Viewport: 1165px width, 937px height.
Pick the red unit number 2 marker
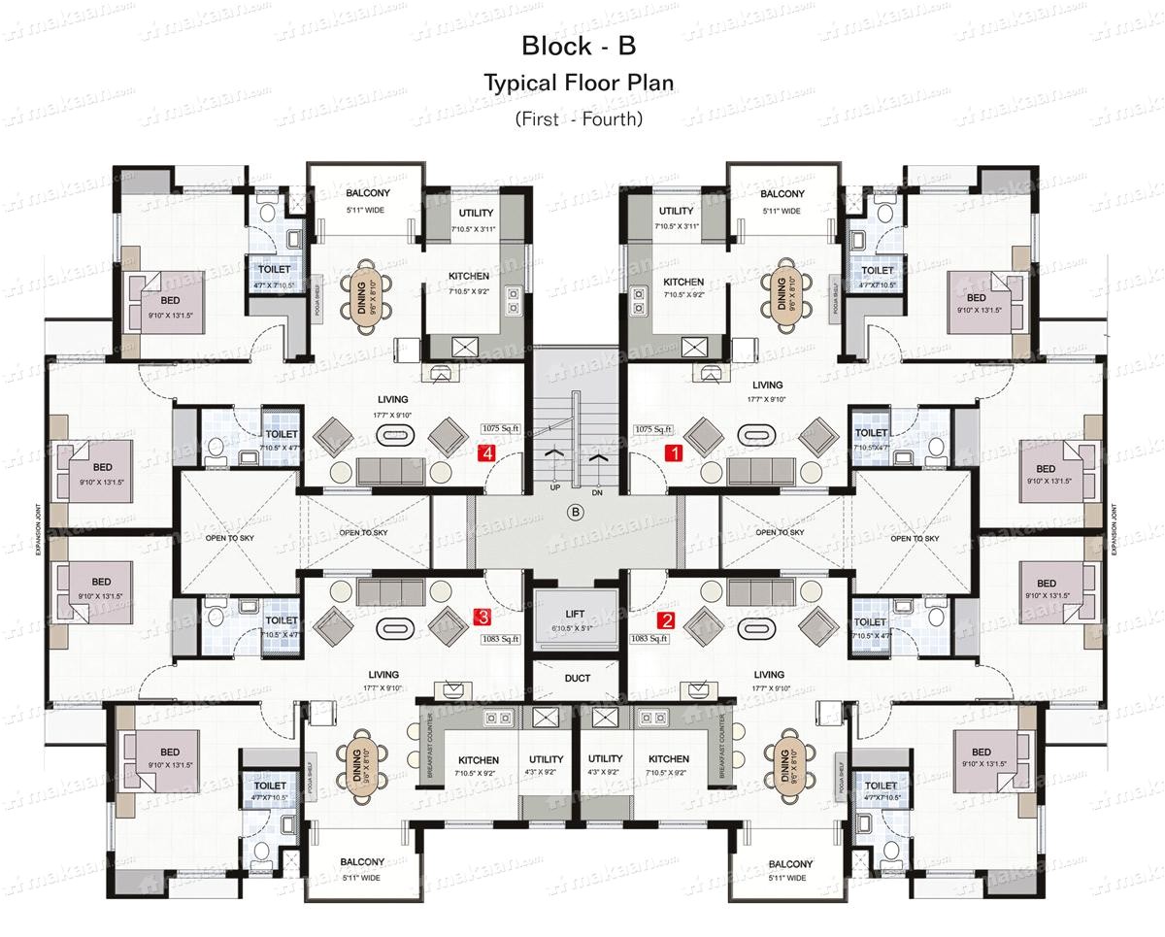(666, 621)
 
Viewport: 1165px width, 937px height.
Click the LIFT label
(576, 614)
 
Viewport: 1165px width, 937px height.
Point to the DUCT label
(577, 679)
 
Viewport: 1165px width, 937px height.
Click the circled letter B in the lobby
(576, 512)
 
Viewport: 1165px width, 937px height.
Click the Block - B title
(579, 46)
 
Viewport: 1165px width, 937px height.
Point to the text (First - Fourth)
(579, 119)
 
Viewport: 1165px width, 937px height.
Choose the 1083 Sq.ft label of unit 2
(649, 638)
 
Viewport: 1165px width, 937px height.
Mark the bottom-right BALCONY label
(790, 863)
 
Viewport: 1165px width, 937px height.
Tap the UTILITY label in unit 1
(676, 211)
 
